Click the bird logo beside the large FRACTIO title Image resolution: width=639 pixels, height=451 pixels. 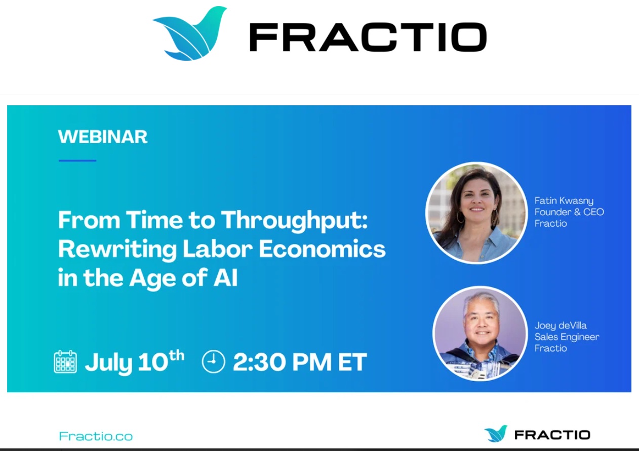(190, 34)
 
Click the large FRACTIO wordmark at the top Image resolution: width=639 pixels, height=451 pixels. (368, 37)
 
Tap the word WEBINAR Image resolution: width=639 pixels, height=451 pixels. (103, 137)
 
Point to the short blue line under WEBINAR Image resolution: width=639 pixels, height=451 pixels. (77, 160)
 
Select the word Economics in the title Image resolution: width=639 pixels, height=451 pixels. (322, 249)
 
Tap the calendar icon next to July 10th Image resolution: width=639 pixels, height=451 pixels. (65, 361)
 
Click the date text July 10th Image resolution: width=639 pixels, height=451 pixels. (134, 361)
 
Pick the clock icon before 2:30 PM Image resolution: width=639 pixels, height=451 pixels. (213, 361)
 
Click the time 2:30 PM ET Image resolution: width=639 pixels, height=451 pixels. (300, 362)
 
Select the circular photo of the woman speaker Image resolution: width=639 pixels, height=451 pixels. (476, 213)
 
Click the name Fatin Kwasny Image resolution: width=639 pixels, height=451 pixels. (564, 201)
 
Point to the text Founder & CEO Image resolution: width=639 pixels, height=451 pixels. (569, 212)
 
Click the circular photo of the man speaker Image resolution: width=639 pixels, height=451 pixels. (480, 334)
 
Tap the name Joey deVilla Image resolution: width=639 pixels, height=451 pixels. (561, 326)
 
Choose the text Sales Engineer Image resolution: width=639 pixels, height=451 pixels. (567, 337)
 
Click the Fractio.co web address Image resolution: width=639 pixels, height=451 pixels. (96, 436)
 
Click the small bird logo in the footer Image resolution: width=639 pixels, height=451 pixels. (496, 434)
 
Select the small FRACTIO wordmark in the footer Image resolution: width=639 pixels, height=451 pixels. (552, 435)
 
